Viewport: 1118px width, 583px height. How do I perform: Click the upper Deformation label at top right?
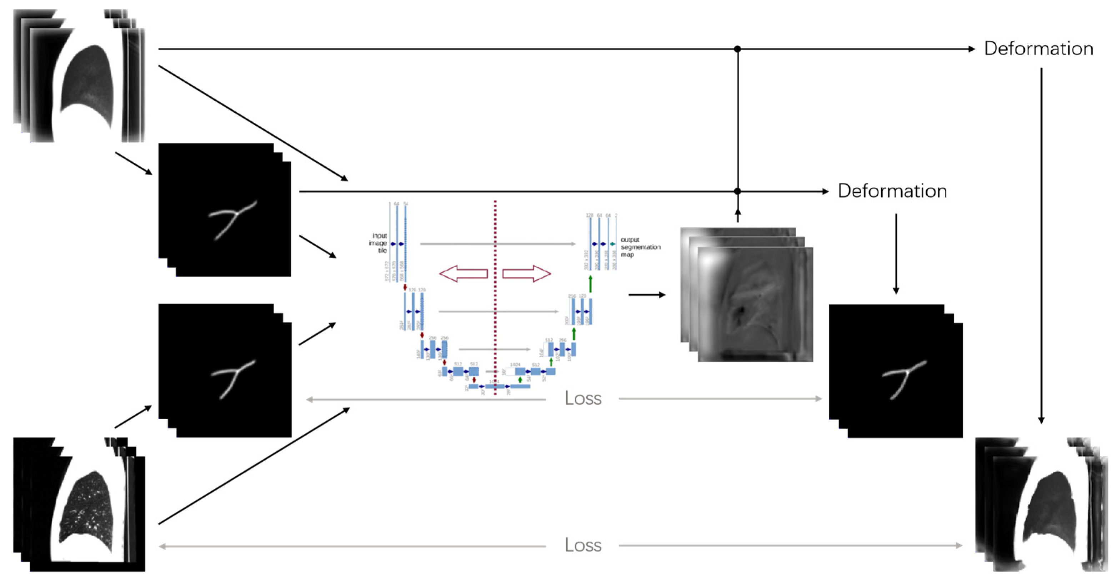click(1038, 49)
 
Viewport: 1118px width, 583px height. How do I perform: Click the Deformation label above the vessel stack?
click(892, 191)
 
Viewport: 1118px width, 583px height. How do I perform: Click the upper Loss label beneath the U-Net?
click(583, 398)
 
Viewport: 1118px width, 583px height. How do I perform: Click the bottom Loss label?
click(583, 545)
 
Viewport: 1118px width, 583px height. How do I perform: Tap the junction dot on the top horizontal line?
click(737, 49)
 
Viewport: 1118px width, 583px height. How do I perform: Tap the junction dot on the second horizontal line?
click(737, 191)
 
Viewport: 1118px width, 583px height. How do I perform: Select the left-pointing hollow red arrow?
click(463, 274)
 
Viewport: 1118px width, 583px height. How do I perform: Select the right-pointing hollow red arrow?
click(526, 274)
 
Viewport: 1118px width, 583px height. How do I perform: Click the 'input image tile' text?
click(378, 243)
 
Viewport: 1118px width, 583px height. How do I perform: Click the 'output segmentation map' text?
click(640, 247)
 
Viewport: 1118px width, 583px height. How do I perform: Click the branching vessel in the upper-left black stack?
click(233, 219)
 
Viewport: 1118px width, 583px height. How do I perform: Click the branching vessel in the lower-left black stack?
click(233, 378)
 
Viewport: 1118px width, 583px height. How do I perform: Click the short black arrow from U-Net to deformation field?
click(646, 295)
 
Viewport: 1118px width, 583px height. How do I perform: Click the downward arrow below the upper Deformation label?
click(1041, 243)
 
